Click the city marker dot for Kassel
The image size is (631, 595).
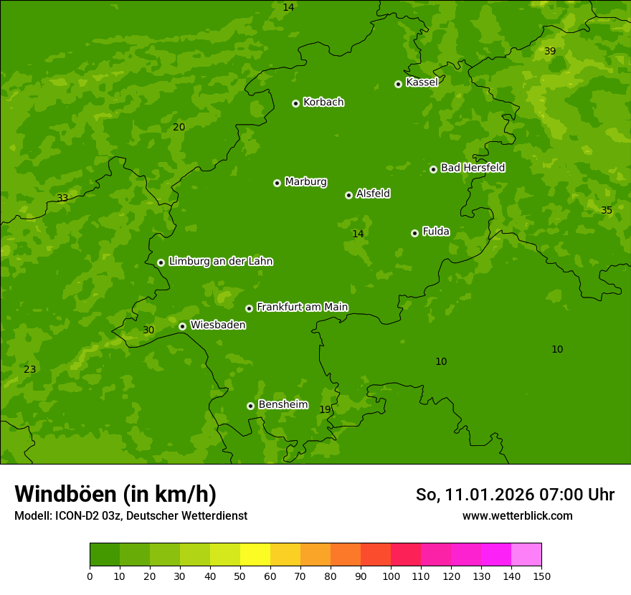(398, 84)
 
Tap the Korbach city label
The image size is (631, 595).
(323, 103)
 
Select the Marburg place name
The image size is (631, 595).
(305, 182)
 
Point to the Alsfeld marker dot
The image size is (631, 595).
(348, 195)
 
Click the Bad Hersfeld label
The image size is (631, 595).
(473, 168)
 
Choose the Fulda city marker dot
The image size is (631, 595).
(414, 233)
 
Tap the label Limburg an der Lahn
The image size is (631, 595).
(220, 262)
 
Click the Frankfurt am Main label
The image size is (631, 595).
(302, 308)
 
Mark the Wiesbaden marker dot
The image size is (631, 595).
(182, 326)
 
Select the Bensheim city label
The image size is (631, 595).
(283, 405)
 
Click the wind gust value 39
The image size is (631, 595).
(550, 51)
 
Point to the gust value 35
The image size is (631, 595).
(607, 210)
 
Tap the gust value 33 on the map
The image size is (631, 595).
(62, 198)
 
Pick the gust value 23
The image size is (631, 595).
(29, 369)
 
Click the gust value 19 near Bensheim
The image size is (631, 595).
(325, 409)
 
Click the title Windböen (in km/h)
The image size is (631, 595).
(115, 494)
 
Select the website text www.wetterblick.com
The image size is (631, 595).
(517, 515)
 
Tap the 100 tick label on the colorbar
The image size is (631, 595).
(391, 576)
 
